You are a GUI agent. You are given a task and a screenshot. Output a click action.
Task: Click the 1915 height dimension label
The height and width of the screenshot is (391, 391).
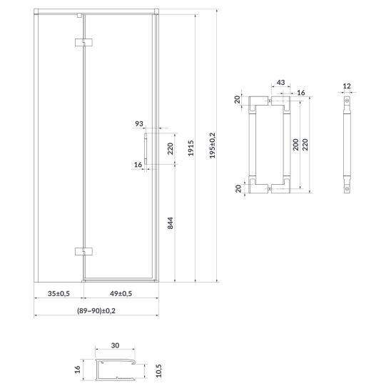point(191,148)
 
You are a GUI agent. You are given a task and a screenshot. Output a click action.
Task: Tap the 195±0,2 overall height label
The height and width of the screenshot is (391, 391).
point(213,146)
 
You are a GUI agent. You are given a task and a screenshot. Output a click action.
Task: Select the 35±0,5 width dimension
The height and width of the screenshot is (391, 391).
point(59,293)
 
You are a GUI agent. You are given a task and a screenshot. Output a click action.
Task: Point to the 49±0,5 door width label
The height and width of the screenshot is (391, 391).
point(121,293)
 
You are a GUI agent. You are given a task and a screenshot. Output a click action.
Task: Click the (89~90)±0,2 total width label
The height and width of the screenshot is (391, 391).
point(96,310)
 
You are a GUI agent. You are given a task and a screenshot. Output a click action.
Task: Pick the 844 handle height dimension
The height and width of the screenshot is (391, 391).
point(170,223)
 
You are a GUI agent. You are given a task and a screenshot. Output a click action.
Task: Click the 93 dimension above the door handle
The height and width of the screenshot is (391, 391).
point(139,123)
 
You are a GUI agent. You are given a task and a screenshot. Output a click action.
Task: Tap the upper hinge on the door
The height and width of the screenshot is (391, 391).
point(83,43)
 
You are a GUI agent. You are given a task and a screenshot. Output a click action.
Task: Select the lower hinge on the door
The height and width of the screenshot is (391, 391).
point(83,252)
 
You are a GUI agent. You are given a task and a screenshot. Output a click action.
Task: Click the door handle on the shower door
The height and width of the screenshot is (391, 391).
point(146,149)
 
